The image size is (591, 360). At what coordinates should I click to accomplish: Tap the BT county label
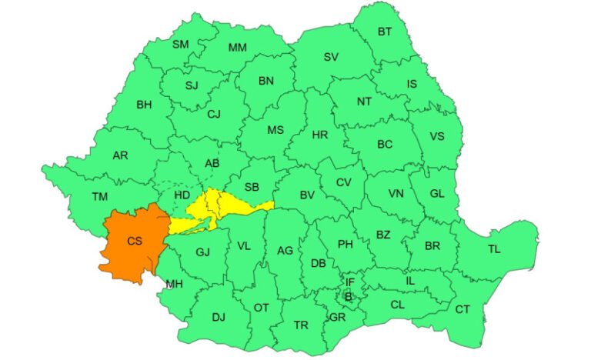tap(383, 32)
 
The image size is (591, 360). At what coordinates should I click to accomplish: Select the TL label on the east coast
tap(494, 248)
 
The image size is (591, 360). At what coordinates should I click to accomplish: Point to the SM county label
tap(180, 45)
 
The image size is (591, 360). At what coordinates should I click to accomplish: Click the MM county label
tap(238, 48)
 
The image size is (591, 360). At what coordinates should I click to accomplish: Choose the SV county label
tap(331, 57)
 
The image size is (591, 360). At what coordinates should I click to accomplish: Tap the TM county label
tap(100, 196)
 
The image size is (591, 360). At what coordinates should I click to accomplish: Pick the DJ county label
tap(219, 316)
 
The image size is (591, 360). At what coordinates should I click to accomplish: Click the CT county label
tap(462, 309)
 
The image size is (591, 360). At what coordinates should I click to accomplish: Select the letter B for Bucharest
tap(348, 296)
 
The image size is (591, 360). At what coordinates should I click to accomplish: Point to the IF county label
tap(349, 282)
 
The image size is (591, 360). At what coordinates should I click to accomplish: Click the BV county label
tap(306, 195)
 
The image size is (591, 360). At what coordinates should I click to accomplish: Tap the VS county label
tap(436, 137)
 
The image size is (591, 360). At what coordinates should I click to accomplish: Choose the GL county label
tap(436, 194)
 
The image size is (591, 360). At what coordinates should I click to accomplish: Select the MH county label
tap(174, 283)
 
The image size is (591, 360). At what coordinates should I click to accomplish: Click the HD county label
tap(182, 196)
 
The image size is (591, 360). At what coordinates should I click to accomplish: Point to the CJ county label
tap(214, 115)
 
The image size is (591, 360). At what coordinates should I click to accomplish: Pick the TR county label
tap(301, 325)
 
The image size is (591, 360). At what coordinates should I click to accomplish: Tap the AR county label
tap(120, 155)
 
